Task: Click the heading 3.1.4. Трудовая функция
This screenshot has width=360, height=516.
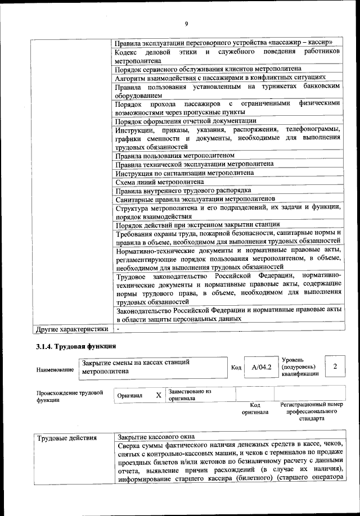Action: (x=76, y=346)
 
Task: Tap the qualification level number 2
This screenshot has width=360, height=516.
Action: (x=335, y=367)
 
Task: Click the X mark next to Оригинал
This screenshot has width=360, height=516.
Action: (x=159, y=395)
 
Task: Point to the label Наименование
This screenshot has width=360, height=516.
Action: (x=55, y=370)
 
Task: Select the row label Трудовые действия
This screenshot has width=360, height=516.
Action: (x=67, y=437)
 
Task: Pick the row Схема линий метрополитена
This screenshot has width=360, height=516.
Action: (x=160, y=182)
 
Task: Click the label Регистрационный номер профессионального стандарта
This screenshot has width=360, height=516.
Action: (x=311, y=411)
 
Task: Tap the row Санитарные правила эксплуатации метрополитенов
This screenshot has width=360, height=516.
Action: (x=195, y=199)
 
